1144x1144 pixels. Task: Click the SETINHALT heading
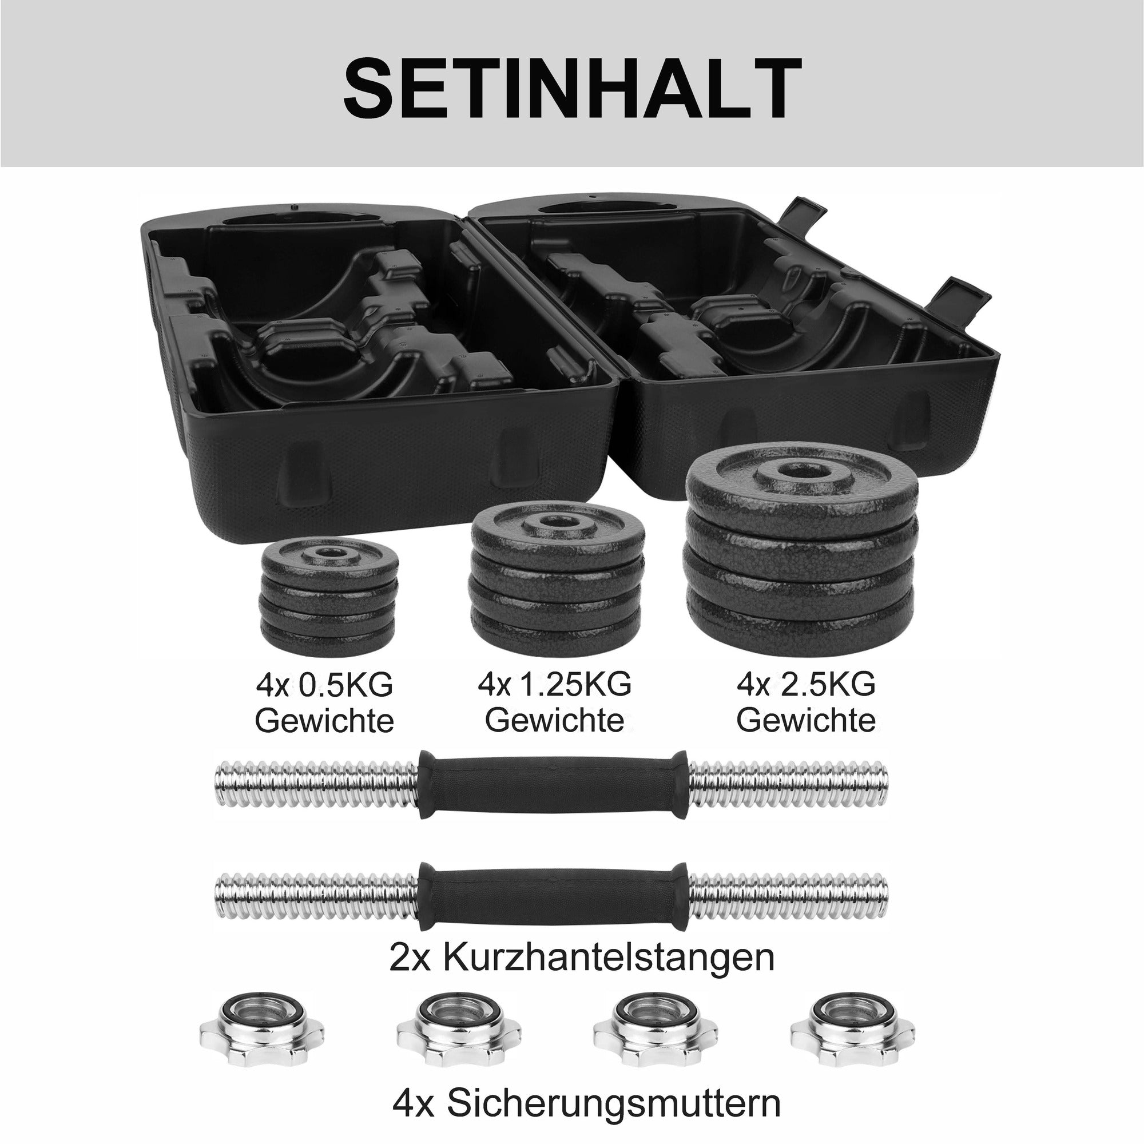pyautogui.click(x=572, y=88)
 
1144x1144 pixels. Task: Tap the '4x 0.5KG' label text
pyautogui.click(x=325, y=686)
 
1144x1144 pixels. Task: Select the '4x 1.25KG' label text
pyautogui.click(x=555, y=685)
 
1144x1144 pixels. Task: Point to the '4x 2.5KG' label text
pyautogui.click(x=806, y=685)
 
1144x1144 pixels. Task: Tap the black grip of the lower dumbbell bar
pyautogui.click(x=554, y=895)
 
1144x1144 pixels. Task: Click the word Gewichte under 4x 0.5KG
pyautogui.click(x=324, y=721)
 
